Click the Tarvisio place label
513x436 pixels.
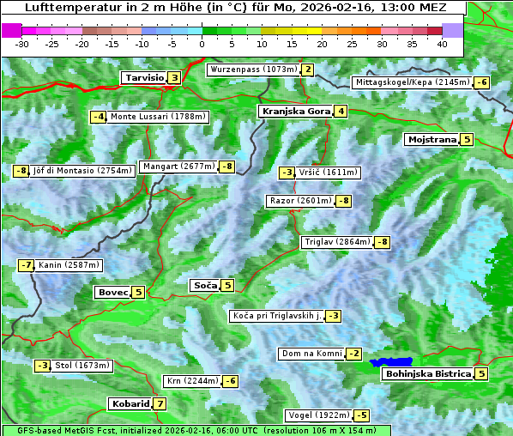pos(144,77)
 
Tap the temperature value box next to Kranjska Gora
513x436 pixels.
pos(341,111)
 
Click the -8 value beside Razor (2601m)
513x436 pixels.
pos(343,201)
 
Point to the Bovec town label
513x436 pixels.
pos(113,292)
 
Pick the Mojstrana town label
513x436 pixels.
pos(432,139)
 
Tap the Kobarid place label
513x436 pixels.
pos(130,403)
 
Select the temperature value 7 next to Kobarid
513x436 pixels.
pos(160,403)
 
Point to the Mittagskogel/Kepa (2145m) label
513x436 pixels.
pos(413,82)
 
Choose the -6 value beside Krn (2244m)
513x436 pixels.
pos(231,381)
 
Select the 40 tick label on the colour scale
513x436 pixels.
pos(442,43)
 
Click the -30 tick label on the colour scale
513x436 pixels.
pos(22,43)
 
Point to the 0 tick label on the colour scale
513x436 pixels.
pos(202,43)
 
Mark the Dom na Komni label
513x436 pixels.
pos(311,354)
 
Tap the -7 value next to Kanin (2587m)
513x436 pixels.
pos(26,265)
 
